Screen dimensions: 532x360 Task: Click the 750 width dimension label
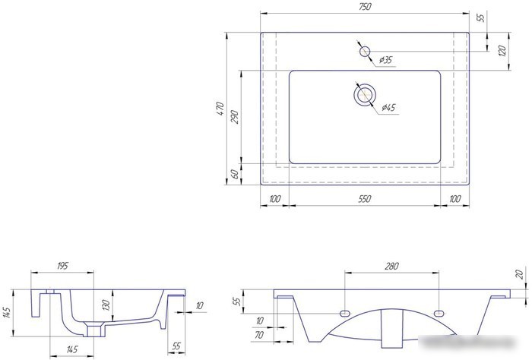364,6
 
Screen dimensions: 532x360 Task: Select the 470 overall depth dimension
220,109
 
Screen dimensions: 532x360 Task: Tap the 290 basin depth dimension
235,117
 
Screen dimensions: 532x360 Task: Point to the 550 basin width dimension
364,199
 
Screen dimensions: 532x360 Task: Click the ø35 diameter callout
385,60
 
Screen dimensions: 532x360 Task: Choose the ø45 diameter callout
388,107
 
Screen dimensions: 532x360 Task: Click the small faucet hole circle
365,52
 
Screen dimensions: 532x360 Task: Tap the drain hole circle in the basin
365,94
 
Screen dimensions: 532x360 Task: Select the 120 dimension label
502,51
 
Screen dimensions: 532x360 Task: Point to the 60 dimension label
234,174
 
